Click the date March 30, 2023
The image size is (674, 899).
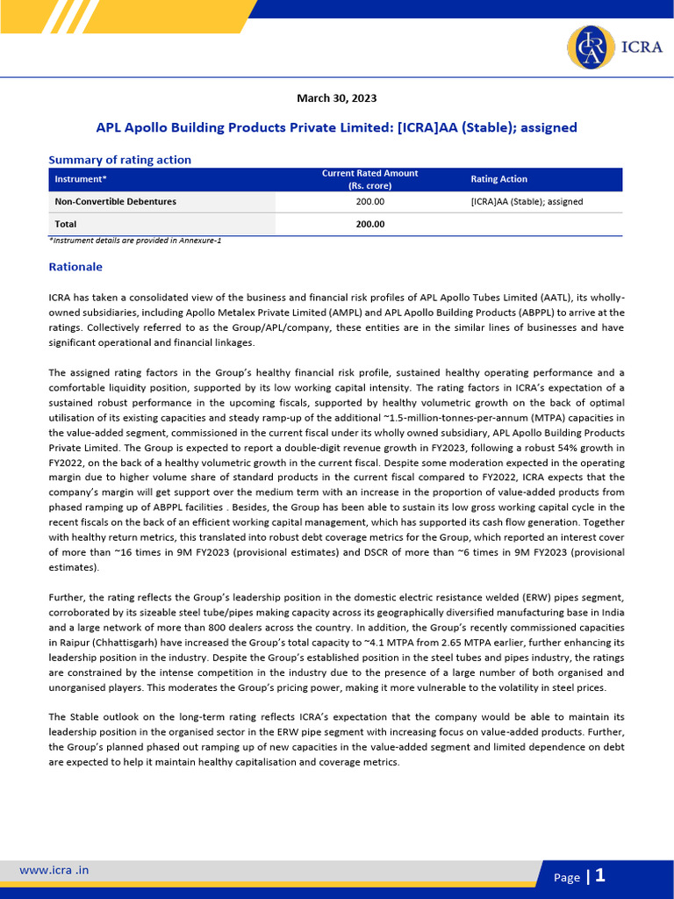pos(336,98)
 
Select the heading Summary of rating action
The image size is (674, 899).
pos(119,160)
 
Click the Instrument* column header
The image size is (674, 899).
pos(81,179)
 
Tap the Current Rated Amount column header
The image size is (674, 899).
pos(369,179)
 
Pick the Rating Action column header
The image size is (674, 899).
pos(499,179)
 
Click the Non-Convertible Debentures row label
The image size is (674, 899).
pos(116,202)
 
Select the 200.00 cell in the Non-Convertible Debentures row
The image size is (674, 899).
pos(369,202)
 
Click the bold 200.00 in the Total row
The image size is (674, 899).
pos(369,224)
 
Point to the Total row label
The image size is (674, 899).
pos(67,224)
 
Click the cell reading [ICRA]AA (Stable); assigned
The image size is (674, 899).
pos(527,202)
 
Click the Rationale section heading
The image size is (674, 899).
pos(75,266)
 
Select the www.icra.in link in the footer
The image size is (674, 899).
pos(54,870)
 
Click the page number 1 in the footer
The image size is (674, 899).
pos(600,875)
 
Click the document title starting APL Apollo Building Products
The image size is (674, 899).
pos(336,127)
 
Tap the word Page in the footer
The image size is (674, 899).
pos(566,877)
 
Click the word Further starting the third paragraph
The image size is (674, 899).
pos(68,597)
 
